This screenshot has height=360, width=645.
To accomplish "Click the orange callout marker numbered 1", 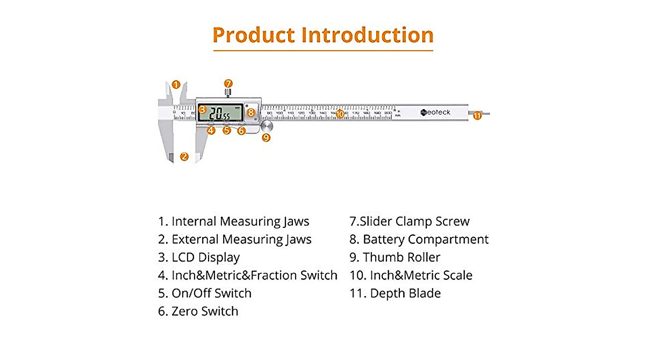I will [176, 84].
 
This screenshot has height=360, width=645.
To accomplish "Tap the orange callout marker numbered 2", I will [184, 156].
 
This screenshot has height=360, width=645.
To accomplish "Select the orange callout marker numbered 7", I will [228, 83].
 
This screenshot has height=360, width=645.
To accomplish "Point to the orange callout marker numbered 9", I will [266, 138].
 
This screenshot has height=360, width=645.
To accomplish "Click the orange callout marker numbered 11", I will [477, 114].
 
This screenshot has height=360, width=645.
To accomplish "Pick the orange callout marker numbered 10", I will [340, 113].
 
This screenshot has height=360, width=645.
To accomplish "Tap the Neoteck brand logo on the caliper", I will [436, 112].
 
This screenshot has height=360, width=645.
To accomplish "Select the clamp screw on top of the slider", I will [228, 93].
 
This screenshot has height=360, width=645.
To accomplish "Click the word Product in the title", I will [253, 35].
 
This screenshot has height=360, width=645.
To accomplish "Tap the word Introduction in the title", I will [367, 35].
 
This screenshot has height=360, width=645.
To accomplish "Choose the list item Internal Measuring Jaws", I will [234, 221].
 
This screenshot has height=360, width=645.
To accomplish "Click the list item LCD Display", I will [199, 257].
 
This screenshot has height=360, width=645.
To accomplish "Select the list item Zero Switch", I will [198, 311].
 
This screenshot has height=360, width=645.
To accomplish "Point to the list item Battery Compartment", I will [419, 239].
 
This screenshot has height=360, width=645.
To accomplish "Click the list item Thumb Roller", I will [395, 257].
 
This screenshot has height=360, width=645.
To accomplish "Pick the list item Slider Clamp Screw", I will [410, 221].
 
